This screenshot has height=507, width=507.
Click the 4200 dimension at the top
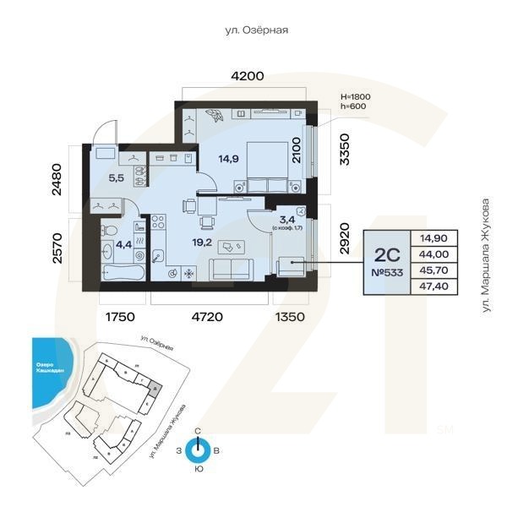pyautogui.click(x=248, y=76)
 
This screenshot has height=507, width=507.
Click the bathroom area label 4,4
pyautogui.click(x=123, y=245)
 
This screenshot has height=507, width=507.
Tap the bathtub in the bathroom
pyautogui.click(x=123, y=273)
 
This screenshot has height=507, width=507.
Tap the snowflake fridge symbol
pyautogui.click(x=189, y=274)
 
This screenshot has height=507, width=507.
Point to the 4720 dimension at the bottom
pyautogui.click(x=207, y=317)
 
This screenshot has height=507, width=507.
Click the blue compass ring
pyautogui.click(x=198, y=450)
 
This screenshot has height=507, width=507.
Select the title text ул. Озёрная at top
pyautogui.click(x=256, y=30)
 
